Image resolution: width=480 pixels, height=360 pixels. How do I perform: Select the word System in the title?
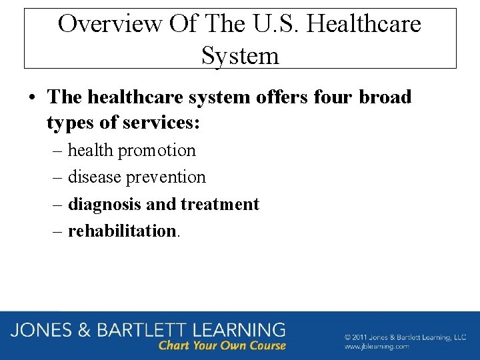coord(240,55)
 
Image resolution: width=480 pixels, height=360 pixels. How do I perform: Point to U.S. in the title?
coord(277,24)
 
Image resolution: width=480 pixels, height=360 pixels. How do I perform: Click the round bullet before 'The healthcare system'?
coord(32,98)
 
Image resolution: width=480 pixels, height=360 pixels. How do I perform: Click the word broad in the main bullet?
coord(386,97)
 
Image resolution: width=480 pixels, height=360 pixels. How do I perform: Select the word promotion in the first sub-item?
coord(157,151)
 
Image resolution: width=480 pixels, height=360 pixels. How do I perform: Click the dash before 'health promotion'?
coord(57,151)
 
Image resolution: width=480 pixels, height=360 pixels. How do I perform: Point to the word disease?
coord(94,177)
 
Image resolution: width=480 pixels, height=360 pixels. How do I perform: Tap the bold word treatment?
coord(219,204)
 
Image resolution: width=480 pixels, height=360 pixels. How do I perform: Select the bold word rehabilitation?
coord(122,231)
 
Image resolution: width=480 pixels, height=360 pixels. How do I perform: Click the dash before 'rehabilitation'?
coord(57,231)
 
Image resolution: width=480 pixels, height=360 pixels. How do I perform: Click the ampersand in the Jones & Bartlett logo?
coord(84,329)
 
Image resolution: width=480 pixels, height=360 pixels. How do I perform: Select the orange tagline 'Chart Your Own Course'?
coord(222,345)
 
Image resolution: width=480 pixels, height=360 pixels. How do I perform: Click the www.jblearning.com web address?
coord(377,347)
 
